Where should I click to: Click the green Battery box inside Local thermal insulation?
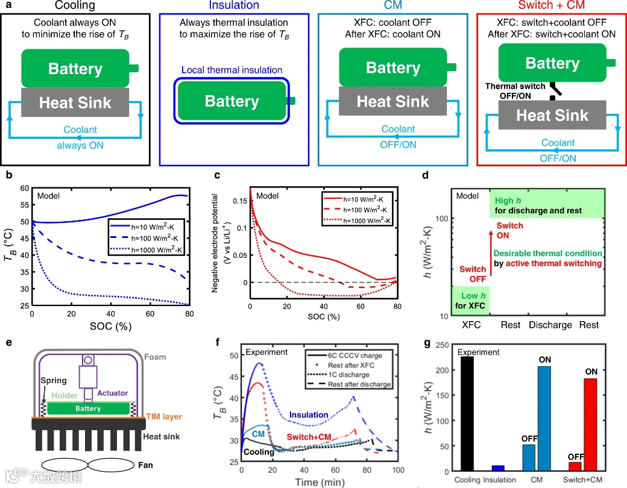click(x=232, y=101)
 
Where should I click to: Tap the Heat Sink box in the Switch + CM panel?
click(x=552, y=116)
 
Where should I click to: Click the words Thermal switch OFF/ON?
click(x=516, y=90)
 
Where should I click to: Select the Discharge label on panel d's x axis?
click(x=550, y=325)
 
